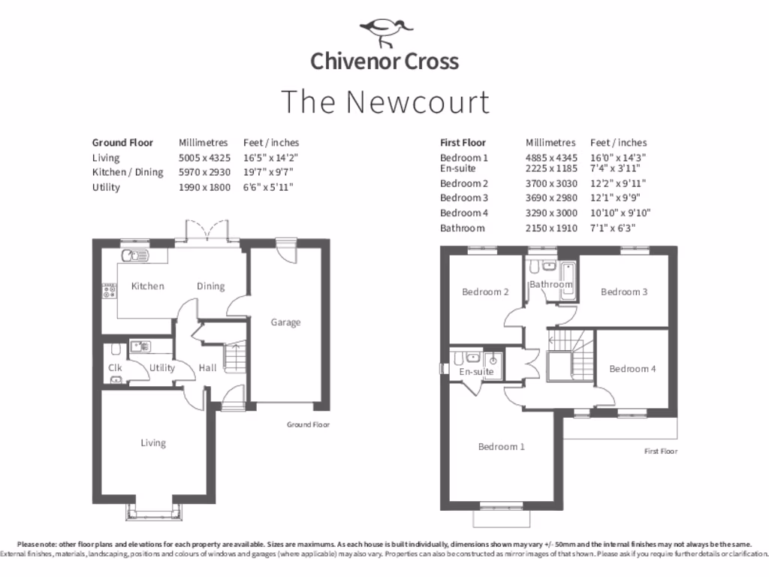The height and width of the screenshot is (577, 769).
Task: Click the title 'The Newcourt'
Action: (x=384, y=101)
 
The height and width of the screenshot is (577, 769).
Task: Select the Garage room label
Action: (x=285, y=322)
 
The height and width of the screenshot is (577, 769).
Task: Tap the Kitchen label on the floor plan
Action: (x=148, y=286)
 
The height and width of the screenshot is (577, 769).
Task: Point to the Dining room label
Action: (x=211, y=286)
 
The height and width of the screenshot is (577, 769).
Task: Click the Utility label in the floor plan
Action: (x=161, y=368)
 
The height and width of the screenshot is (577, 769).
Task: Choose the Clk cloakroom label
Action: (x=115, y=368)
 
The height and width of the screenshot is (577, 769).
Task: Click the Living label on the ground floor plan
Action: (x=153, y=443)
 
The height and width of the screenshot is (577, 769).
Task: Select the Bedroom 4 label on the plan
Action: (x=632, y=369)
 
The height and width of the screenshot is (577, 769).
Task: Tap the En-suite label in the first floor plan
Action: (x=475, y=372)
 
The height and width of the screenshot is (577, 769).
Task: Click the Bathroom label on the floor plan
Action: (x=550, y=285)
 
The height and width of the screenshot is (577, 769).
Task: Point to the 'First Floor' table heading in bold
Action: (x=463, y=143)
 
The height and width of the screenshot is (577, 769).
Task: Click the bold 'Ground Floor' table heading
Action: (x=122, y=143)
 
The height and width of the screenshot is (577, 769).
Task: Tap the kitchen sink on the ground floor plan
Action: (x=137, y=255)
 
